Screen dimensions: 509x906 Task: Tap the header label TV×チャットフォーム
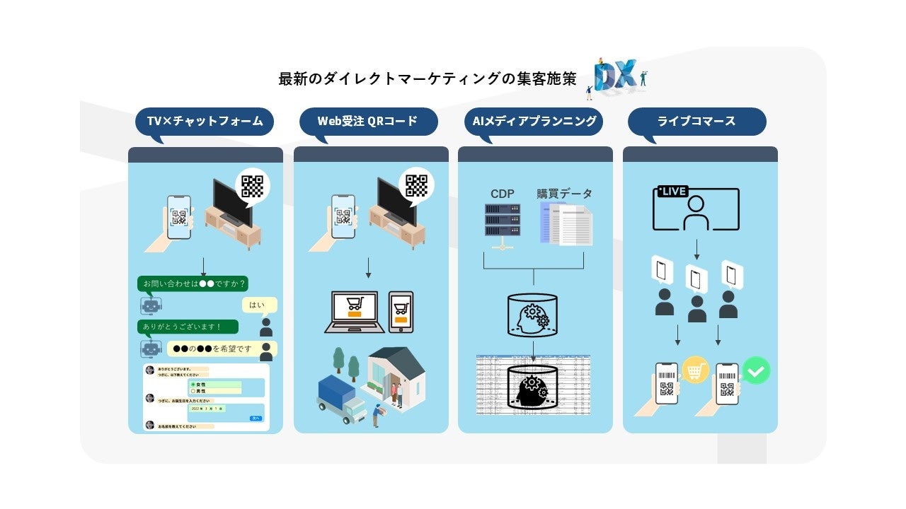click(x=205, y=122)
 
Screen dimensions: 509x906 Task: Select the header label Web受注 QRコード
click(x=367, y=122)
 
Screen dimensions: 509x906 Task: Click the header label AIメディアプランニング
click(x=534, y=122)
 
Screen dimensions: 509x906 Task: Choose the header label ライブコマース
click(x=696, y=122)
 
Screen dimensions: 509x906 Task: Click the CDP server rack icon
click(x=503, y=221)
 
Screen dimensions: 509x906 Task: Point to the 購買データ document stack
click(x=566, y=223)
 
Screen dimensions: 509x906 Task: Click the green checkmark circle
click(x=756, y=370)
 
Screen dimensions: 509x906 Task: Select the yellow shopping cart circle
click(x=695, y=370)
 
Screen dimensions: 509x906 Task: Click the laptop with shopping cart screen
click(x=354, y=312)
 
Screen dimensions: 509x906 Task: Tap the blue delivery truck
click(x=339, y=397)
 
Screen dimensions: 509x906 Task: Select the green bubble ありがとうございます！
click(x=188, y=327)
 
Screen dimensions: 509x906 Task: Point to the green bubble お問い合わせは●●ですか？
click(x=193, y=284)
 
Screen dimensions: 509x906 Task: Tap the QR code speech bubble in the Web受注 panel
click(x=416, y=185)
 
